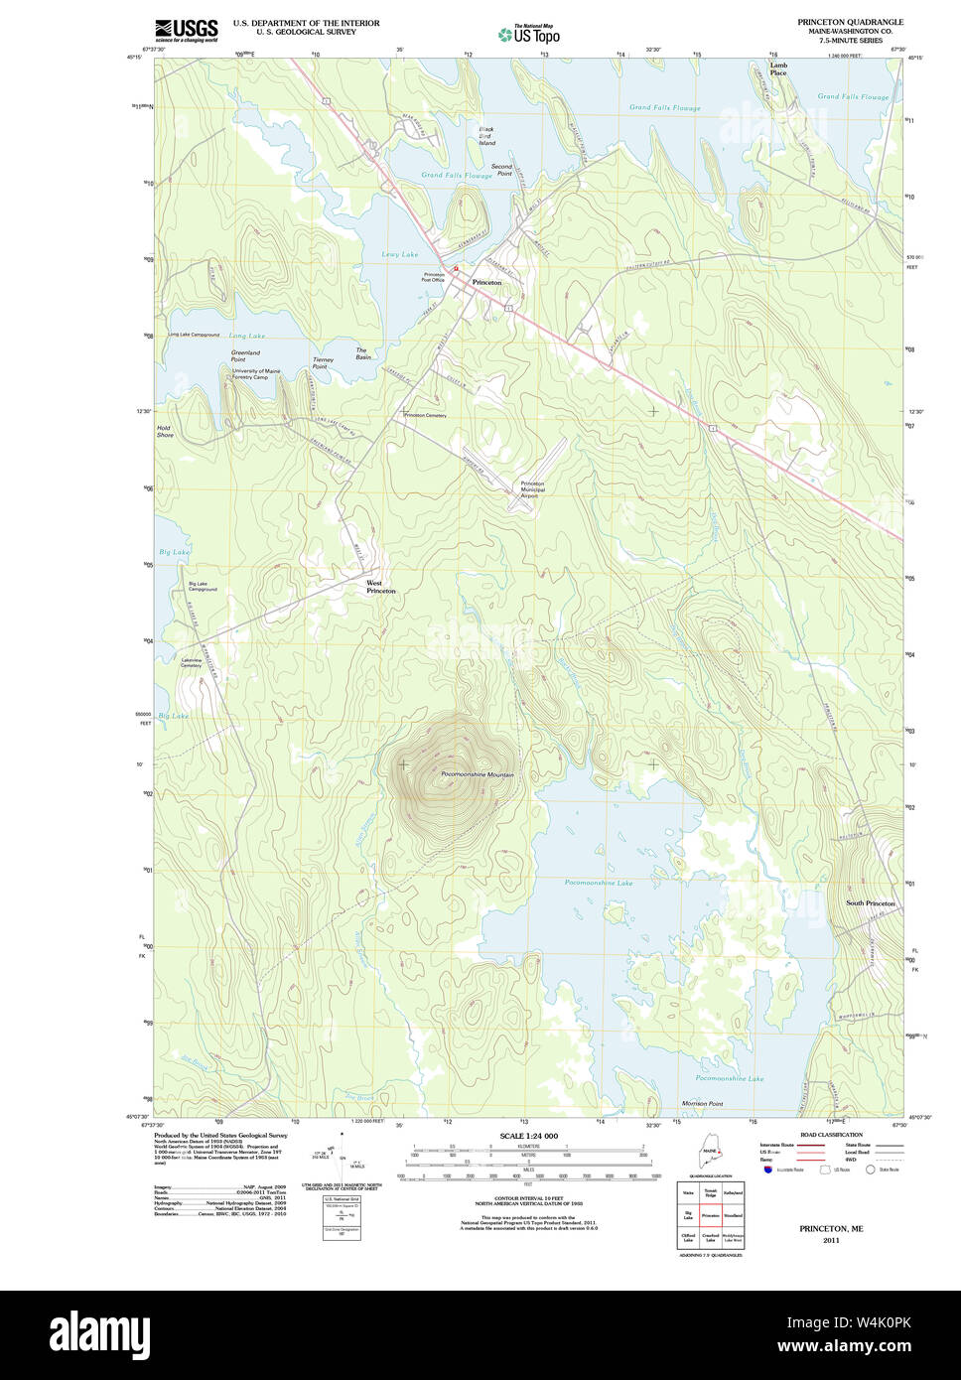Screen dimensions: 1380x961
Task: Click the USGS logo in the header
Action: (186, 31)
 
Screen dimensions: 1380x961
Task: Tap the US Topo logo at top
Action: (529, 35)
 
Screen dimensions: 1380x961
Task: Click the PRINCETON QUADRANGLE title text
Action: (850, 22)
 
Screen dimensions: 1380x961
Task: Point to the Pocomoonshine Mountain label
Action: (478, 774)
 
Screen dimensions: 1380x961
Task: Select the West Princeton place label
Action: (380, 587)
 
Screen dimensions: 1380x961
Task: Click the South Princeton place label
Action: (870, 903)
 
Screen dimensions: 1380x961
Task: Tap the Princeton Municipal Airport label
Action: (532, 489)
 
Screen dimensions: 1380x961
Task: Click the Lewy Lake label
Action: (400, 254)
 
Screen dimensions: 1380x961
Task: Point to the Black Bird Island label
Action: (486, 136)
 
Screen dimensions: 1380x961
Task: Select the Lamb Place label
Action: (778, 69)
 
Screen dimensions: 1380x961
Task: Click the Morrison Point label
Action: (702, 1103)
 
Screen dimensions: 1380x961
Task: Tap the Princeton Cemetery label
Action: (425, 415)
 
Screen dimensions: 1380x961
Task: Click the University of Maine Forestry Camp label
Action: (256, 374)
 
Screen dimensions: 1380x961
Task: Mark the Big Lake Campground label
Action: (203, 587)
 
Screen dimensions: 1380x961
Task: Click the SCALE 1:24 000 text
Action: (528, 1136)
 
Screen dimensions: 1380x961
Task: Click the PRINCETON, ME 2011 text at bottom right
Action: (831, 1233)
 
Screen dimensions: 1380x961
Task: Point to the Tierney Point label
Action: (323, 362)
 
